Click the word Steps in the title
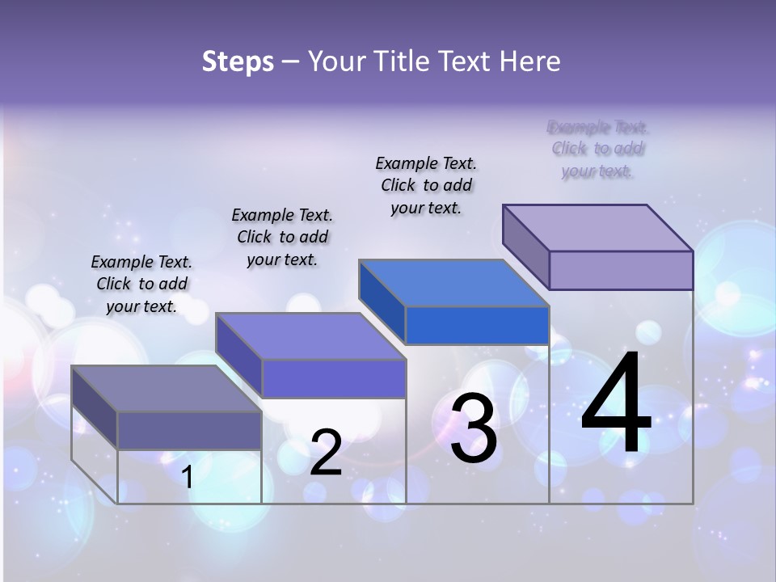point(238,61)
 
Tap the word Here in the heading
point(529,61)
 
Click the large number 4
point(616,404)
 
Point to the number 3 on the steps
point(474,428)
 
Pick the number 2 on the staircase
point(326,453)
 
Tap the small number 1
point(188,477)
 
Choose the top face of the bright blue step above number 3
point(453,283)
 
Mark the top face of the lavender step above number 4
point(597,227)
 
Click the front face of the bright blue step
point(477,326)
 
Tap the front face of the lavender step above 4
point(621,270)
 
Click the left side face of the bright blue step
point(382,302)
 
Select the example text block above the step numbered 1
point(141,284)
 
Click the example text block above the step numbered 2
point(282,237)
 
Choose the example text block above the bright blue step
point(426,185)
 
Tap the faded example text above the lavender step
point(597,149)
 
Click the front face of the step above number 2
point(333,378)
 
